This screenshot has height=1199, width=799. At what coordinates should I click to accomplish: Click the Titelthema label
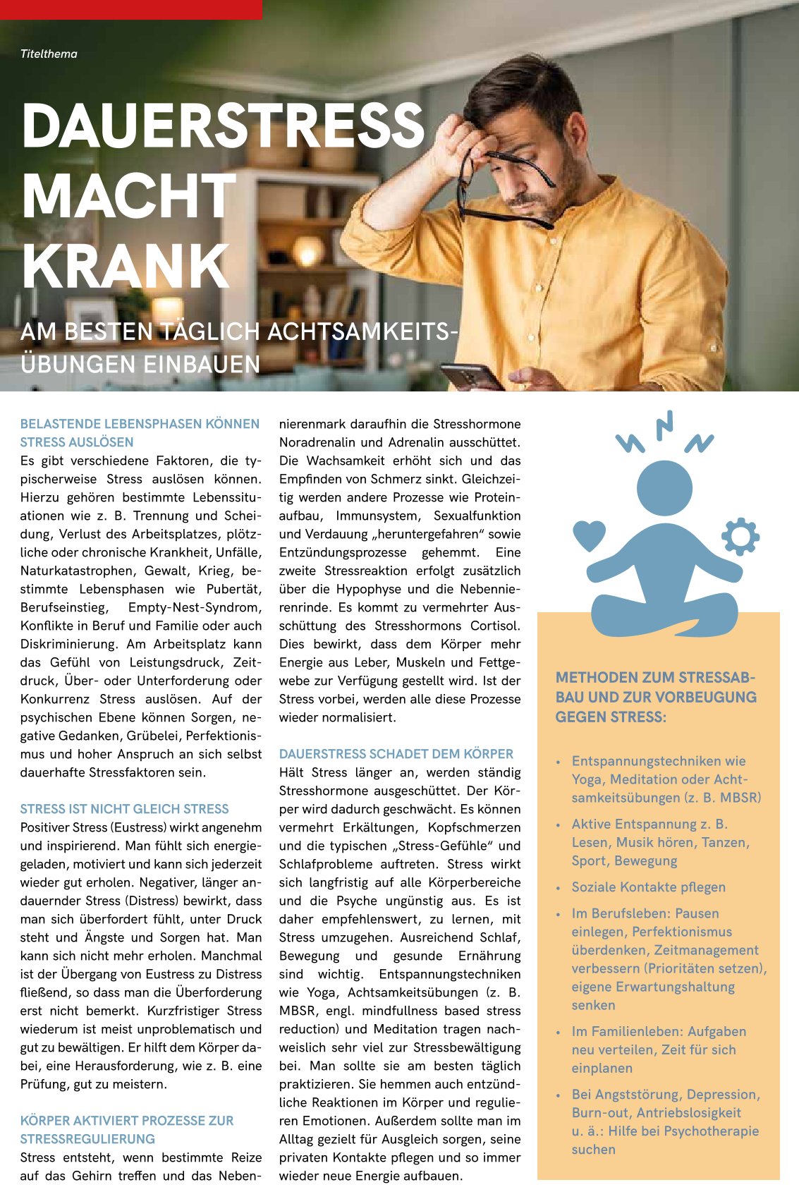click(x=49, y=54)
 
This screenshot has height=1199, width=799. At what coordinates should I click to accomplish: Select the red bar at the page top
click(x=130, y=9)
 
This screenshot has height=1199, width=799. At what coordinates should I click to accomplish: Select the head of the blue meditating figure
click(x=664, y=488)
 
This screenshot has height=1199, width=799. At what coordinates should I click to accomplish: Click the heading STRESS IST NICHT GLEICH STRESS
click(x=124, y=809)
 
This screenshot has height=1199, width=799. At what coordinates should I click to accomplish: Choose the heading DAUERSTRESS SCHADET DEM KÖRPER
click(x=396, y=754)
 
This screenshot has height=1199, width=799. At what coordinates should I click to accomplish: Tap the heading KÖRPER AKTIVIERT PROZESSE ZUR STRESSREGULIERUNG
click(x=126, y=1130)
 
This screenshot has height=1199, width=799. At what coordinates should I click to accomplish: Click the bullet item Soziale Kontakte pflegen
click(x=648, y=887)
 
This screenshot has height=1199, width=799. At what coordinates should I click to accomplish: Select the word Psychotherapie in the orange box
click(x=712, y=1131)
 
